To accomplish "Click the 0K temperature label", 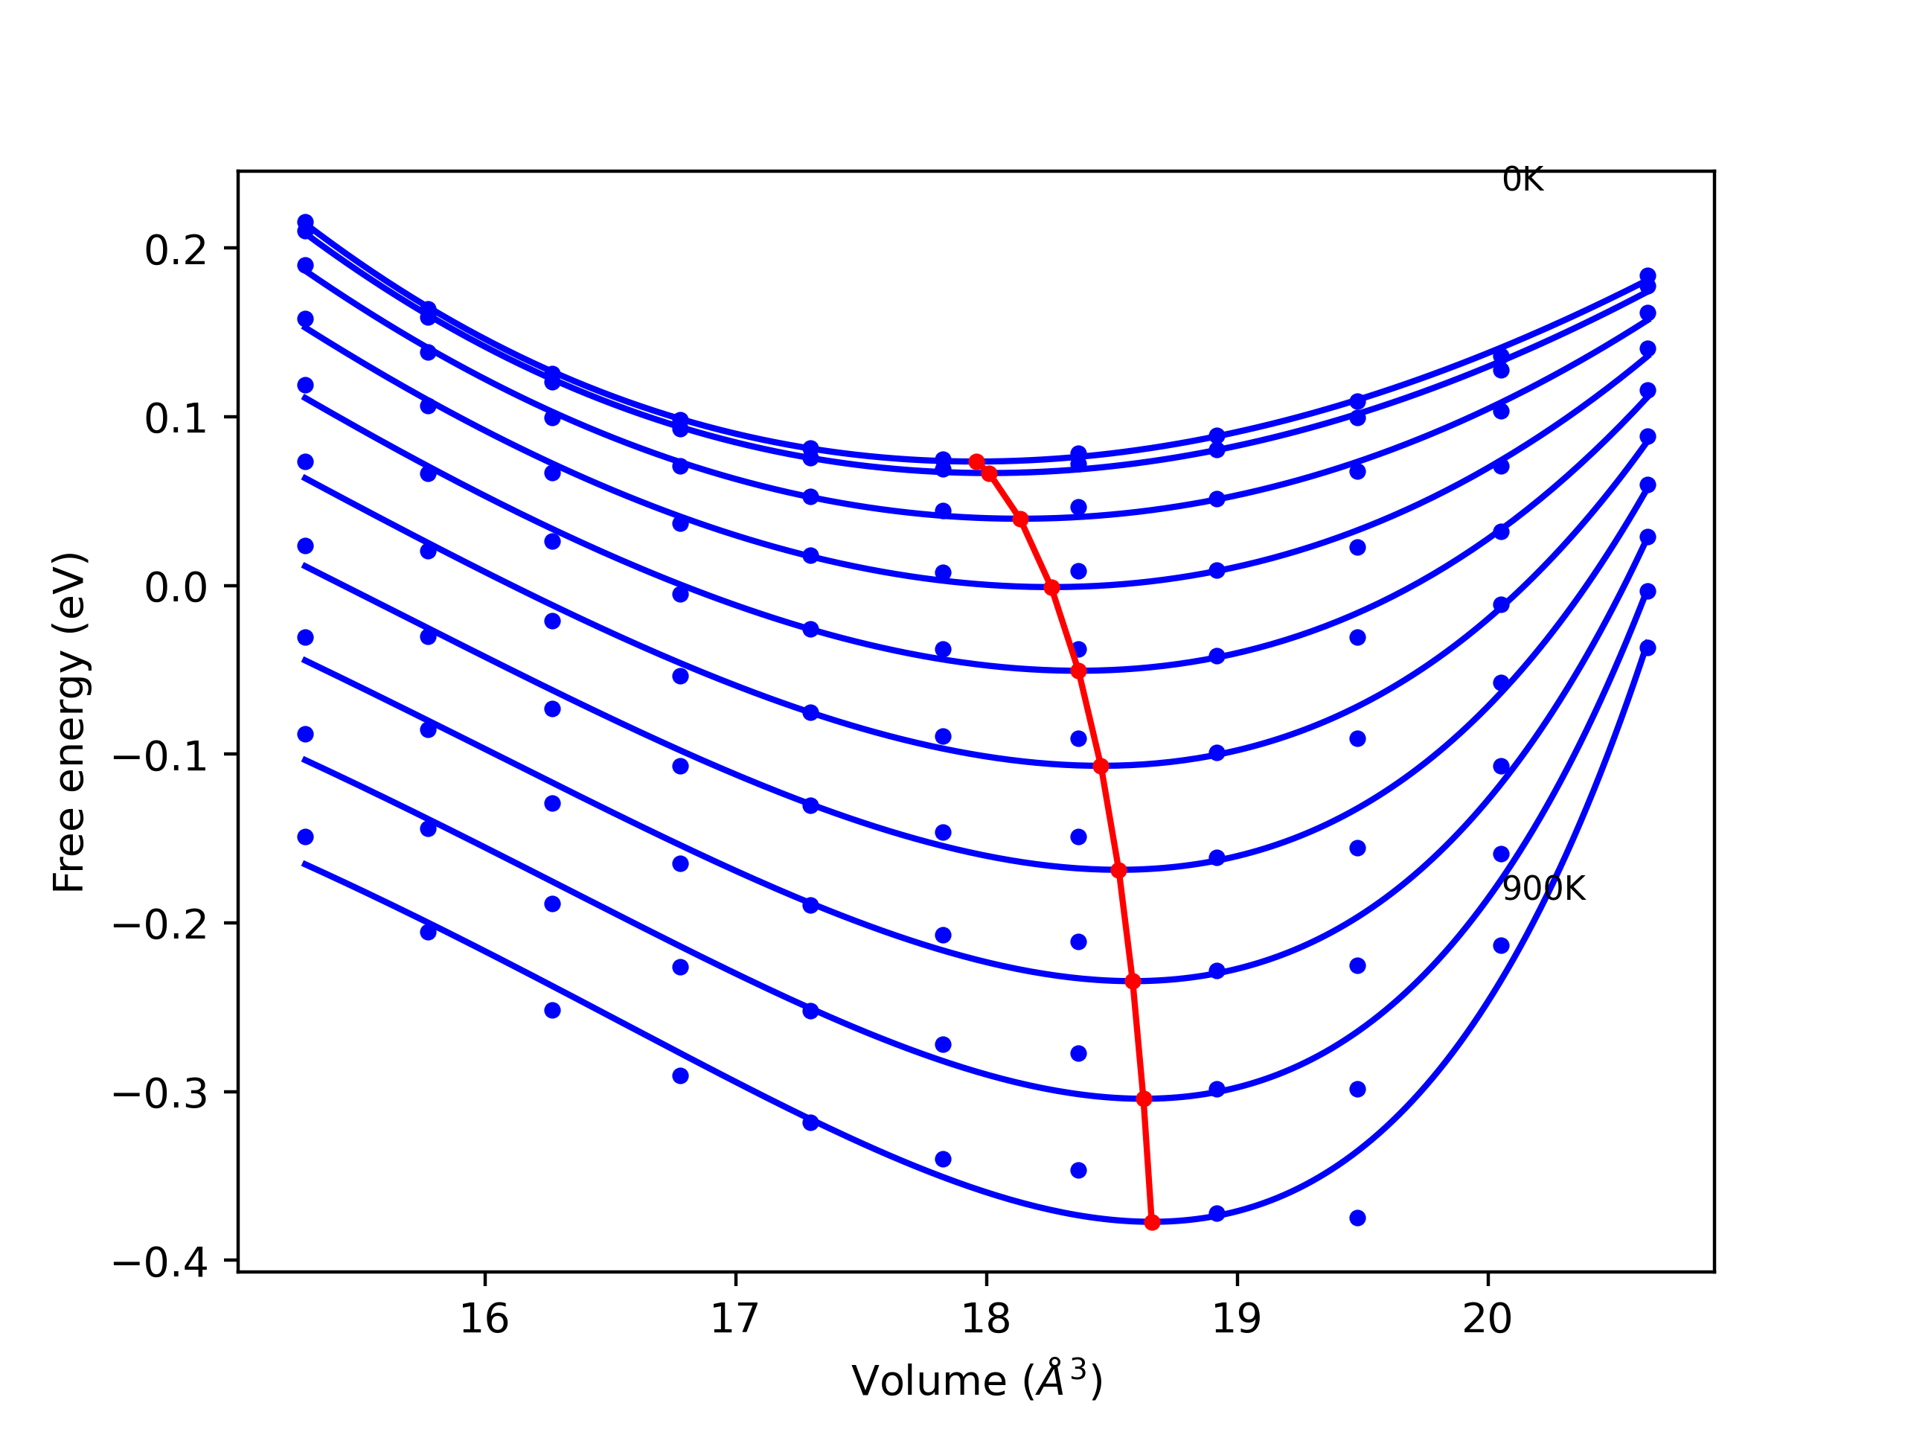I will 1522,180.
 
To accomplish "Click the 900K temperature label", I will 1543,889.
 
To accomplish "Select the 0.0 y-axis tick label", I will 176,588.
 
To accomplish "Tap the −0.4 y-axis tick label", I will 160,1263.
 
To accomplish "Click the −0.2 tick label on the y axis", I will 160,925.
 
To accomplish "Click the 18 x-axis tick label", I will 986,1320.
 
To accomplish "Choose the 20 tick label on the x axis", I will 1488,1320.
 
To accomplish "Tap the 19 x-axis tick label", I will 1237,1320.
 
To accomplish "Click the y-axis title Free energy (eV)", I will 69,722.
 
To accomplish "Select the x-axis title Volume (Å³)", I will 976,1381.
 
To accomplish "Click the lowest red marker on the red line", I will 1152,1222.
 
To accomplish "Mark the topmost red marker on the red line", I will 976,462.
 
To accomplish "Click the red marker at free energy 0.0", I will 1051,588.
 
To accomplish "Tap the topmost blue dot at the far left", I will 305,223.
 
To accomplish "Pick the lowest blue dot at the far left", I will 305,837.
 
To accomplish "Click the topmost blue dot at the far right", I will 1648,275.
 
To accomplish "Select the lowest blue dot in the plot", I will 1357,1218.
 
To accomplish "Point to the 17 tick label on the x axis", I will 734,1320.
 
